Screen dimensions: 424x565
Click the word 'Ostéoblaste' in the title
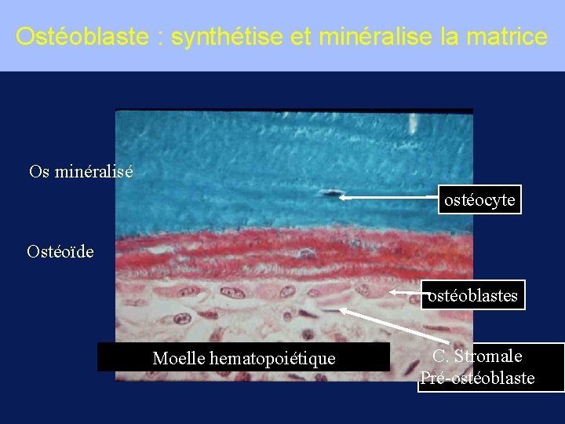click(x=82, y=37)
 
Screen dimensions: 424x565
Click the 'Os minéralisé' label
click(x=81, y=171)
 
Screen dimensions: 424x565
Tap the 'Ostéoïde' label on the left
click(x=60, y=251)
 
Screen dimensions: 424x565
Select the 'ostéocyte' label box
click(x=479, y=200)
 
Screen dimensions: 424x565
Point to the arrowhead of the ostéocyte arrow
click(x=342, y=199)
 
